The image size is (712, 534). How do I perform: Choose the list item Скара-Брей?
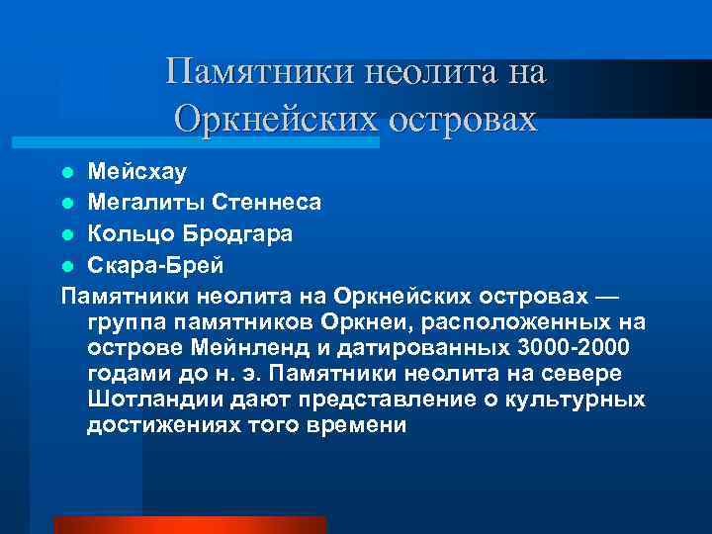pyautogui.click(x=155, y=266)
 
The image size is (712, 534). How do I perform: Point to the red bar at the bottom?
pyautogui.click(x=189, y=524)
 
